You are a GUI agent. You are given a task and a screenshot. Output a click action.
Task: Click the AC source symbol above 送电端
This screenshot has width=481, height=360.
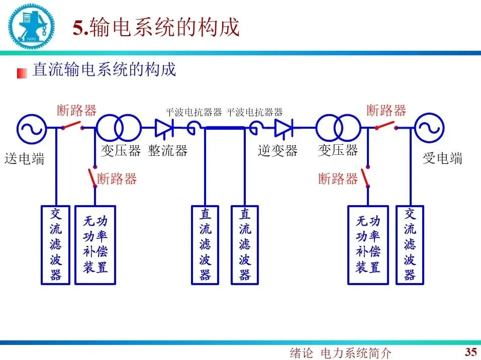tap(32, 128)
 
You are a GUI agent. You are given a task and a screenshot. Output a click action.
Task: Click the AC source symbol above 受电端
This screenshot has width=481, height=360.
tap(429, 128)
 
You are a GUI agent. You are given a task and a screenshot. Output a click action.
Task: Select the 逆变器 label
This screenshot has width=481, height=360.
tap(277, 150)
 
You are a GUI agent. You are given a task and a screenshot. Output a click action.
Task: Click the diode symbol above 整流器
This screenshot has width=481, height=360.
tap(164, 128)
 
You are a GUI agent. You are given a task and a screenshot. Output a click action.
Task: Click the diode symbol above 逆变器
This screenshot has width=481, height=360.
tap(283, 128)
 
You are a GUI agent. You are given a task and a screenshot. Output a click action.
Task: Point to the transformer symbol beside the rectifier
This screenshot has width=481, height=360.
tap(118, 128)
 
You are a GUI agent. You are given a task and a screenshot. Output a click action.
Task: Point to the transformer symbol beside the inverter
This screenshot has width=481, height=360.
tap(338, 128)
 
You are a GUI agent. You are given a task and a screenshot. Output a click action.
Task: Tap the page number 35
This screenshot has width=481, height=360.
tap(470, 351)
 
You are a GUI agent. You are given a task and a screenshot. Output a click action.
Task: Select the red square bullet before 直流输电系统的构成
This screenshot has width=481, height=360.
tap(22, 73)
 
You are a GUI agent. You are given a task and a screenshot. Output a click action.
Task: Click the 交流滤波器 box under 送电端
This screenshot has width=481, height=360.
tap(56, 245)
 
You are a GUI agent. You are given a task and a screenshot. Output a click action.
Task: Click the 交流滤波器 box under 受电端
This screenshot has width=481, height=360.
tap(410, 245)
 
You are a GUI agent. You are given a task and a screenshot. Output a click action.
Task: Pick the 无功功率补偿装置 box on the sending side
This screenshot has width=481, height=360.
tap(95, 245)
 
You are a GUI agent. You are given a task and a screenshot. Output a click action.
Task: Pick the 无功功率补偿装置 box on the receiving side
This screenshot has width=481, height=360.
tap(368, 245)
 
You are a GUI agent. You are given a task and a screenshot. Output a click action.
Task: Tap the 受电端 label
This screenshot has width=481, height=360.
tap(442, 159)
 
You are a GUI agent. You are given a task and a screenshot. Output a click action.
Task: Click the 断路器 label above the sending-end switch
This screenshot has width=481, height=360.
tap(76, 110)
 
